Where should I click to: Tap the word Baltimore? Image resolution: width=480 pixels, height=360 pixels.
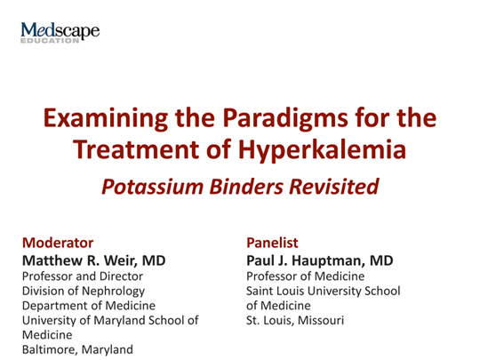coord(52,349)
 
